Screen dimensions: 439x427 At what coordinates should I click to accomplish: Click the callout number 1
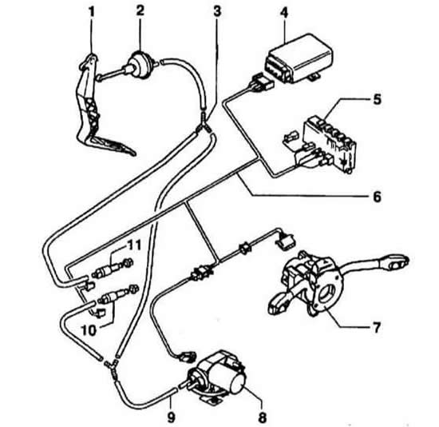click(x=92, y=12)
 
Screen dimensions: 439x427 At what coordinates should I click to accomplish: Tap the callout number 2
click(x=140, y=10)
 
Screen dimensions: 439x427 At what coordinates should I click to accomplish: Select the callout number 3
click(x=217, y=11)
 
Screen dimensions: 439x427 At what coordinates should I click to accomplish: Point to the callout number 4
click(x=284, y=13)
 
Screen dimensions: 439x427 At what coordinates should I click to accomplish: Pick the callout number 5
click(x=377, y=99)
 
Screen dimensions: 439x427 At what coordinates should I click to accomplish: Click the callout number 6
click(x=377, y=197)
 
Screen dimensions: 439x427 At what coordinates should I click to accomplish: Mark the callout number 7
click(x=377, y=327)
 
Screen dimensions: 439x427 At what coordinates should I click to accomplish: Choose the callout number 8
click(x=263, y=417)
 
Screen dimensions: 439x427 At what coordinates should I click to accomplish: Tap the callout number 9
click(x=171, y=417)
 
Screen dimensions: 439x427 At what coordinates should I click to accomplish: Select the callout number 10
click(x=89, y=330)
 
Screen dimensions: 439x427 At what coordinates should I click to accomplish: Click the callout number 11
click(x=134, y=245)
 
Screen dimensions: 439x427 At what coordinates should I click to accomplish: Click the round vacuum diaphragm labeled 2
click(x=138, y=65)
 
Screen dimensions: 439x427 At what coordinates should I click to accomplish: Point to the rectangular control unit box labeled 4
click(x=299, y=58)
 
